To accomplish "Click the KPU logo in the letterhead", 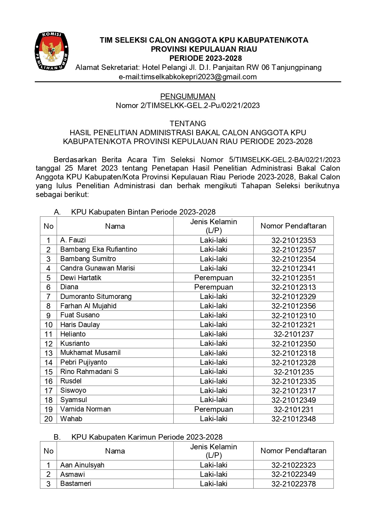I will click(x=52, y=51).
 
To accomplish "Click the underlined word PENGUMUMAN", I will click(x=188, y=97).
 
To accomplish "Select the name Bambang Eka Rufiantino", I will click(x=98, y=249).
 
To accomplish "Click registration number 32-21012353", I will click(x=293, y=240).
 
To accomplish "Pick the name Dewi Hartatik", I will click(x=81, y=278).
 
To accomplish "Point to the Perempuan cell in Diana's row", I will click(x=213, y=287).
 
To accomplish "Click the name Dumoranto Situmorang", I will click(x=96, y=297).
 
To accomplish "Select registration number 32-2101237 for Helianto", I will click(x=293, y=334).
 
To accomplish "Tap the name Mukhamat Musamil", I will click(x=90, y=353).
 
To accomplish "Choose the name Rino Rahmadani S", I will click(x=89, y=372).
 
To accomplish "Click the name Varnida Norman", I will click(x=85, y=409).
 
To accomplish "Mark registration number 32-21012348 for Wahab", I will click(x=293, y=419).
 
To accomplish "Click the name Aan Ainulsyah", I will click(x=82, y=465).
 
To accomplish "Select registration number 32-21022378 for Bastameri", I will click(x=293, y=484).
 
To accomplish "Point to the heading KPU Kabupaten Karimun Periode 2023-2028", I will click(x=147, y=437).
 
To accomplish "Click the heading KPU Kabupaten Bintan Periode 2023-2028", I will click(x=143, y=212).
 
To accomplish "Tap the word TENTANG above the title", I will click(x=188, y=123).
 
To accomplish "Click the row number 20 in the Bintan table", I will click(x=48, y=419).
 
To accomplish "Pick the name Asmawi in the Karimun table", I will click(x=72, y=474).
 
